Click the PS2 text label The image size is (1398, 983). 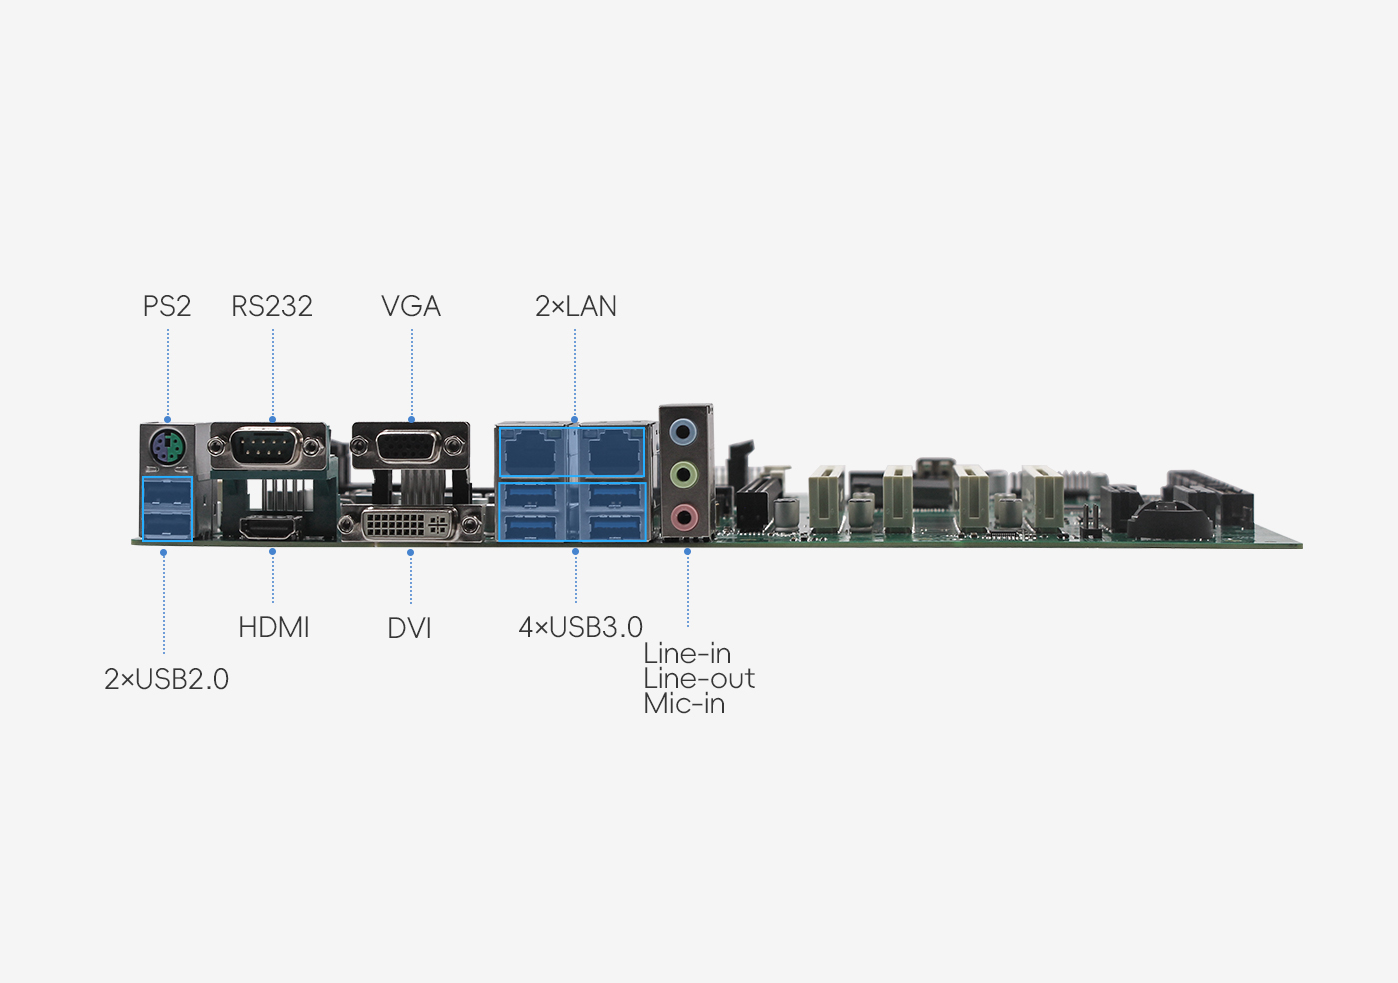(167, 307)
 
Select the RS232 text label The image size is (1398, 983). (272, 307)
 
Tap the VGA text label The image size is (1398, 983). (411, 307)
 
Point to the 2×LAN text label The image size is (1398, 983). (575, 307)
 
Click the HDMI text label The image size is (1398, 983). (274, 628)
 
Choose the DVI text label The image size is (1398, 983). (410, 628)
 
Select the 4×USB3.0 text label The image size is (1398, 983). (580, 628)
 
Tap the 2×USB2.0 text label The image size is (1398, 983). (166, 680)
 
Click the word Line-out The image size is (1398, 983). (699, 679)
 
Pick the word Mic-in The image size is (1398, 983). (684, 704)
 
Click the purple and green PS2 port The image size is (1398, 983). (168, 447)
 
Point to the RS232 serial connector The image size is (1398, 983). (269, 446)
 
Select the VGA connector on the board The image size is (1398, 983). (410, 446)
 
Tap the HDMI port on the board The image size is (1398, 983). (270, 528)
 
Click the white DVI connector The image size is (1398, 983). (410, 524)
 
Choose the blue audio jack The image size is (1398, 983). (683, 431)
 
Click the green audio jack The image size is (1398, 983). (683, 475)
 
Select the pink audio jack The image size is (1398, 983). (683, 517)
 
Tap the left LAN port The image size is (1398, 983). (533, 452)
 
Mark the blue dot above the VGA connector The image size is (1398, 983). (411, 420)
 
